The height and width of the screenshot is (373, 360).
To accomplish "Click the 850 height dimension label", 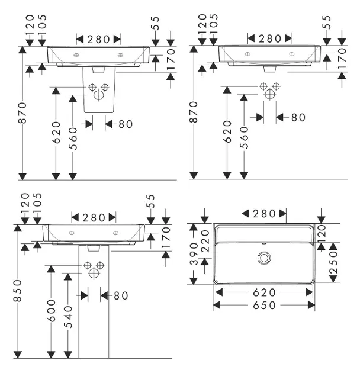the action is coord(18,291).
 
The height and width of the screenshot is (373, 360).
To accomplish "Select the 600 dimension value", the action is coord(52,311).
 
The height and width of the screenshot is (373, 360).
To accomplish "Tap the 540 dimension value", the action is coord(68,317).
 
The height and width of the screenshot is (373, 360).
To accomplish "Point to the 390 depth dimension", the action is coord(194,254).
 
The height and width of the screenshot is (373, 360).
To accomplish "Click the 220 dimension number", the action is coord(205,241).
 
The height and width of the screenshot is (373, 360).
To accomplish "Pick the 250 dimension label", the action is coord(333,262).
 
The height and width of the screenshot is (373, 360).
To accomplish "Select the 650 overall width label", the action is coord(264,305).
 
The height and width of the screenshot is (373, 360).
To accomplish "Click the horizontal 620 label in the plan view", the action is coord(264,292).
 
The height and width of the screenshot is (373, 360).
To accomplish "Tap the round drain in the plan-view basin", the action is coord(264,258).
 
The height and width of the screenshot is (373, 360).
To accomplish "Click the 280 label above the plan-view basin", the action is coord(264,214).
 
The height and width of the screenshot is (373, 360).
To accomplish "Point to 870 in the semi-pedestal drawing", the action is coord(22,112).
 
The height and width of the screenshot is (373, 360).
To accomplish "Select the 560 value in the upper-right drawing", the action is coord(244,138).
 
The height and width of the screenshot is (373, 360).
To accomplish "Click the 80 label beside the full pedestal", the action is coord(121,296).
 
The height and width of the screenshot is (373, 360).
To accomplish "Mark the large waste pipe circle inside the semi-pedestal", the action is coord(98,95).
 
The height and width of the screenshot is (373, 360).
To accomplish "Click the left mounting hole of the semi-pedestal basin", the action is coord(76,55).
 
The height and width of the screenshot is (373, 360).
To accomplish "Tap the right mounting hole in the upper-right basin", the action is coord(292,54).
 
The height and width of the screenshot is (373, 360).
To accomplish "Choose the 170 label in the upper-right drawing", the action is coord(342,59).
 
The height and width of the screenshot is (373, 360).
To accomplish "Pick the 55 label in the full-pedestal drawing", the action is coord(150,201).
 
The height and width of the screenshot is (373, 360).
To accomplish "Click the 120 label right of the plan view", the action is coord(321,234).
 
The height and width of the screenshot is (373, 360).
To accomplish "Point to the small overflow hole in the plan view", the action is coord(264,243).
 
